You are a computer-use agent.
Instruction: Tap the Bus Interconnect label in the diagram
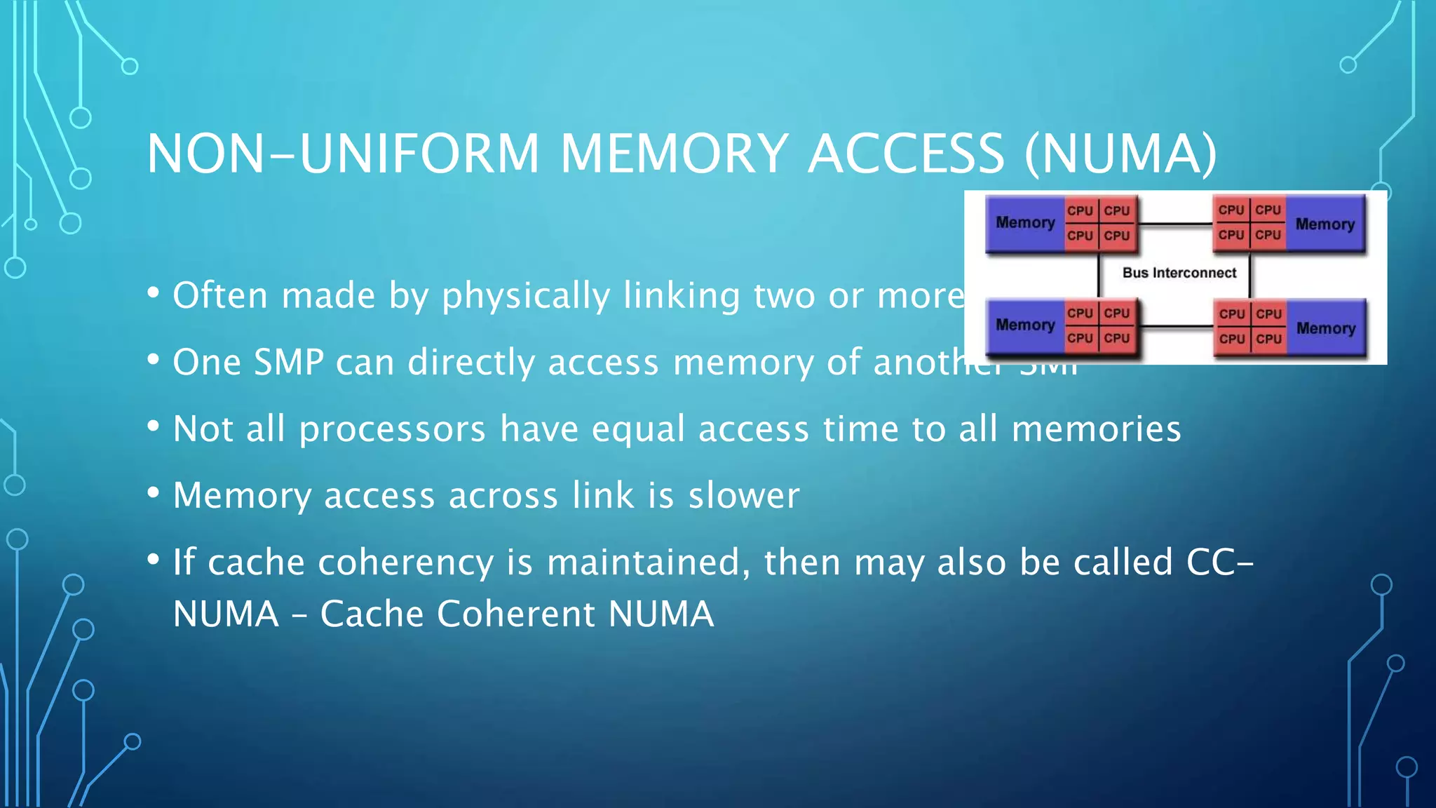pos(1179,273)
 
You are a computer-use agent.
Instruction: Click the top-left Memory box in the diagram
pos(1024,223)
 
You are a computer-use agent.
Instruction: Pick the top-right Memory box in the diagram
pos(1325,224)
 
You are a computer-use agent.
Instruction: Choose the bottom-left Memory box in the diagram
pos(1024,325)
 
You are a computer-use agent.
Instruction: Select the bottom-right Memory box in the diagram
pos(1325,328)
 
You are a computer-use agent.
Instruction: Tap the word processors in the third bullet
pos(392,429)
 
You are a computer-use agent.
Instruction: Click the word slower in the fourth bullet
pos(743,495)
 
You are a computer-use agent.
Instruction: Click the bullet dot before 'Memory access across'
pos(154,492)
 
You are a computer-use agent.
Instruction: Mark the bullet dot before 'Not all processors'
pos(154,426)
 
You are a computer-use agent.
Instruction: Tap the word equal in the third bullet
pos(638,429)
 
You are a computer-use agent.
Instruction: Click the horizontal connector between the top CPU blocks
pos(1175,224)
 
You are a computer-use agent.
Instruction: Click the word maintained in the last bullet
pos(642,563)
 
